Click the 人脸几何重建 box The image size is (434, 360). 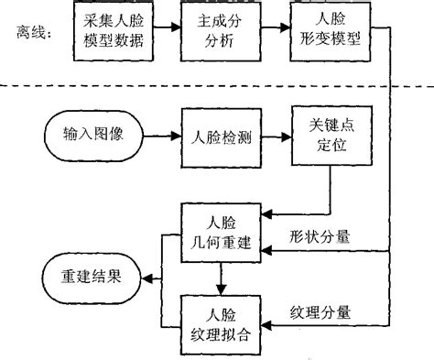[220, 233]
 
